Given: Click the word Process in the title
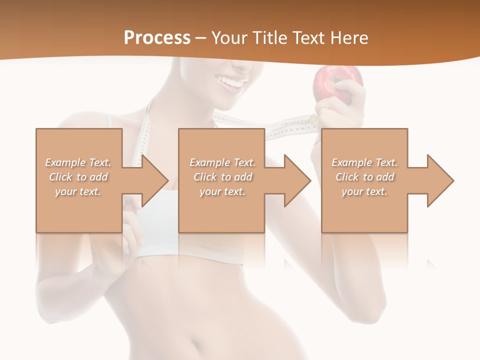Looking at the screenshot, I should (x=157, y=38).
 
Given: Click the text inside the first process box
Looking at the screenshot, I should (x=78, y=177).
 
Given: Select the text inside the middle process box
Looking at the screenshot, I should (x=222, y=177).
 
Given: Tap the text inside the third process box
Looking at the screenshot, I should (x=364, y=177).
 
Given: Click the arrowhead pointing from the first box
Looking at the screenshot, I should (x=153, y=180).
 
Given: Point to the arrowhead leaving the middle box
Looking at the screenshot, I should (x=296, y=180).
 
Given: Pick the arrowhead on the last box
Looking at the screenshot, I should (x=439, y=180).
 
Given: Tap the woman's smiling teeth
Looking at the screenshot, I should (x=234, y=81).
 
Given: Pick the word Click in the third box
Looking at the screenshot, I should (x=347, y=177).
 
